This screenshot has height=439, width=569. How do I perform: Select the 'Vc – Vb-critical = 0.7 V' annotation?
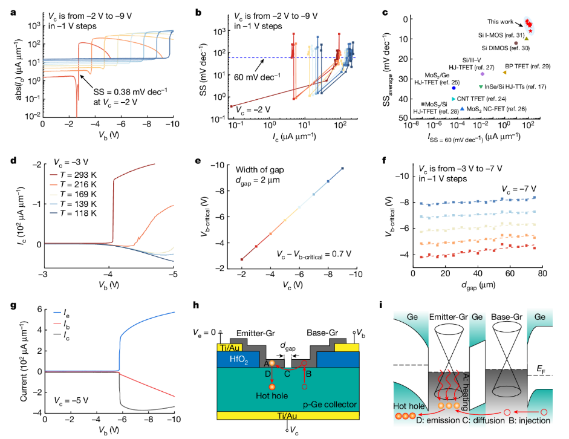[313, 253]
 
